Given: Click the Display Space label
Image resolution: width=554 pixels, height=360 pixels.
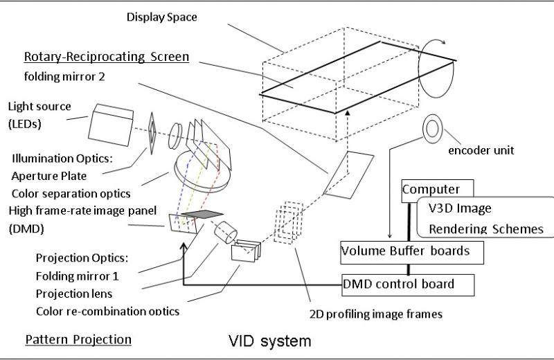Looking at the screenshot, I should [161, 17].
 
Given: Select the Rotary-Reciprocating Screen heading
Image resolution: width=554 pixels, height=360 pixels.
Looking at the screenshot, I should [107, 57].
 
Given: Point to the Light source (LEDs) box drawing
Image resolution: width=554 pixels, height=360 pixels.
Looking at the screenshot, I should [110, 120].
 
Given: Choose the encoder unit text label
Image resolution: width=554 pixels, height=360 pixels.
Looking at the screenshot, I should [481, 150].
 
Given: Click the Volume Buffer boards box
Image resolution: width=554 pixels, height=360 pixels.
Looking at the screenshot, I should [405, 251].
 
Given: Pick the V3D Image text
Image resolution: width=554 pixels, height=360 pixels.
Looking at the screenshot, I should [458, 208].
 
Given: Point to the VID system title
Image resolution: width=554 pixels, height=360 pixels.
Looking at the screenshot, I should [270, 341].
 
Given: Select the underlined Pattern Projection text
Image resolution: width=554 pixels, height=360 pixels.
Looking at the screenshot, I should [78, 339].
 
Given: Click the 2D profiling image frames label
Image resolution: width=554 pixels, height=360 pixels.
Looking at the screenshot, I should [375, 314].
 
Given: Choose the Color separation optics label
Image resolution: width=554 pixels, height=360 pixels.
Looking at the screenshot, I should [71, 192].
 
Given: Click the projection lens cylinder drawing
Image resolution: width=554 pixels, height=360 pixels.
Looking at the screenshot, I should [226, 232].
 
